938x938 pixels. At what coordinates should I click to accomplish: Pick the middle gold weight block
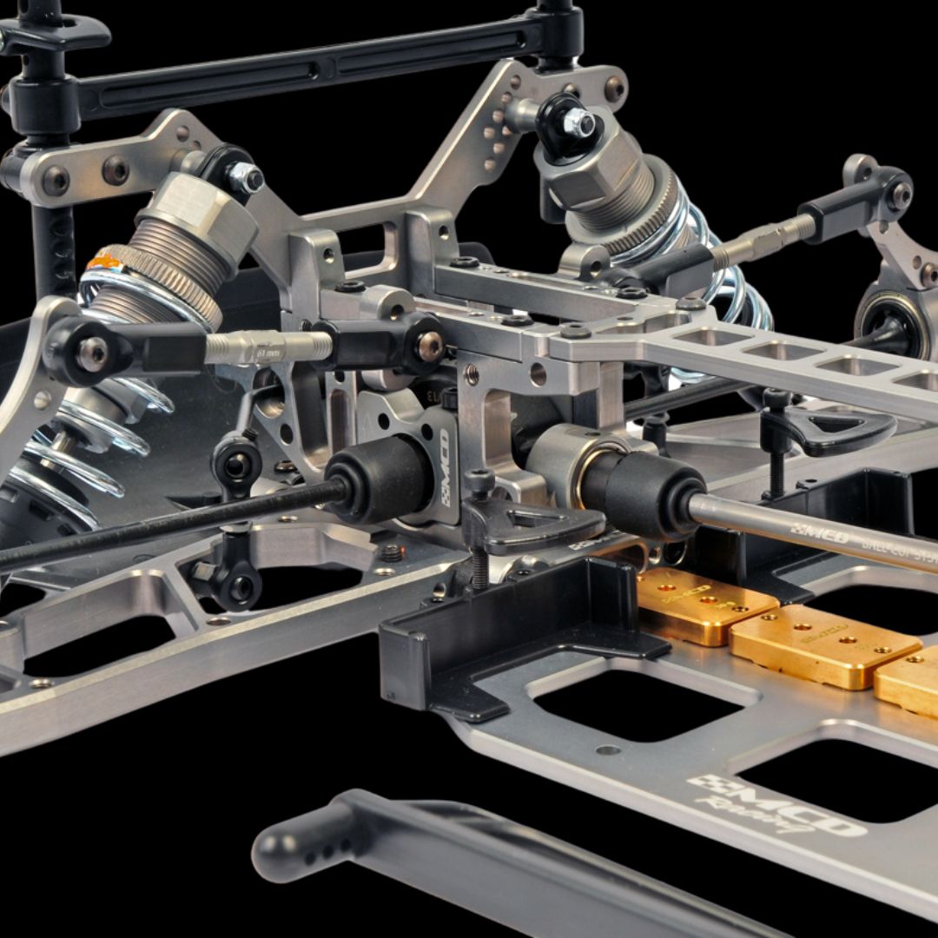pos(823,644)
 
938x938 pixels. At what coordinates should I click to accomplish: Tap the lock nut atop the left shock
pos(246,178)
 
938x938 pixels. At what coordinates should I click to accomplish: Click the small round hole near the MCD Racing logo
pos(608,750)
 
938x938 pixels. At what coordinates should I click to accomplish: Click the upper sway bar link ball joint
pos(237,460)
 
